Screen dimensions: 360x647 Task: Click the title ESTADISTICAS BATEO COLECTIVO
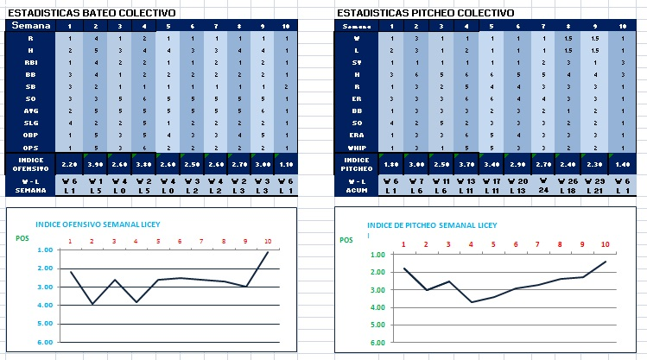click(91, 13)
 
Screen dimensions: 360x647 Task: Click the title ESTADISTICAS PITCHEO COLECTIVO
click(424, 13)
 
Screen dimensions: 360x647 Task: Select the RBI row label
click(30, 63)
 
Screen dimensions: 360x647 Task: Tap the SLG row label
click(30, 123)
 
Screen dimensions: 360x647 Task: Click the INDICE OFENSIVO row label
click(30, 163)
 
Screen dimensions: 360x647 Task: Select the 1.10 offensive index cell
click(287, 163)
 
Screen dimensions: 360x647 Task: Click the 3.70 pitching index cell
click(467, 163)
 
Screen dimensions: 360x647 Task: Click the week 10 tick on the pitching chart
click(605, 245)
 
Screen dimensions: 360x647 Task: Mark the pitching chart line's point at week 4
click(471, 301)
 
